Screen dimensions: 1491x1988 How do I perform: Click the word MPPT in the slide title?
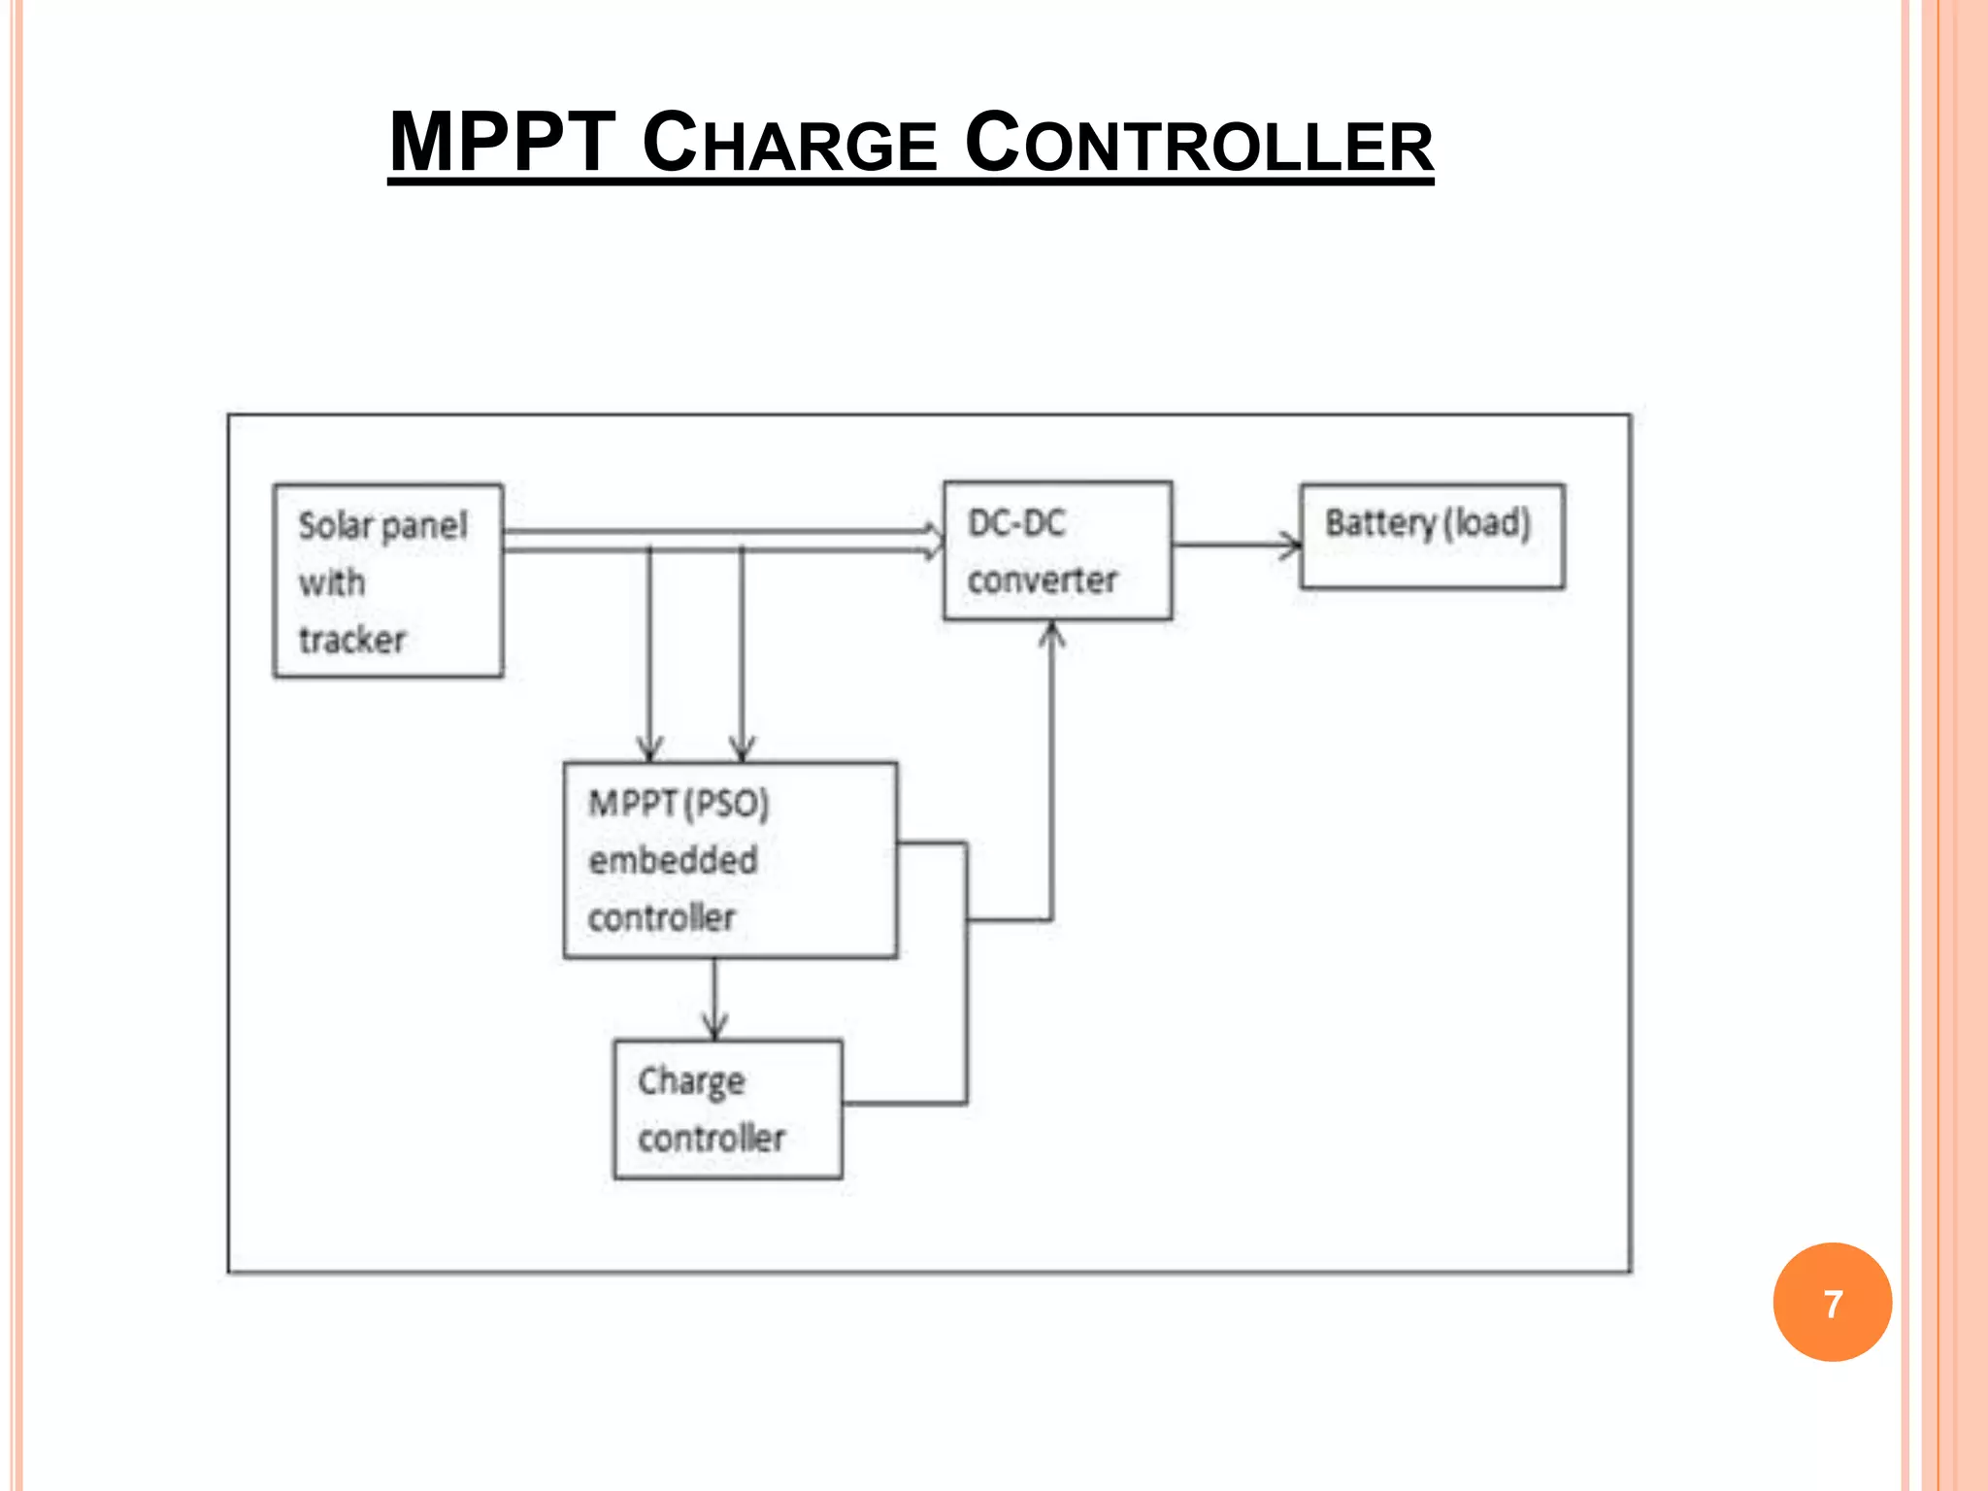(502, 143)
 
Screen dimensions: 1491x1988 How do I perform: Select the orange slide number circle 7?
(1832, 1302)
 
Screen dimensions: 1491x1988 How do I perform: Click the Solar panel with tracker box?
(388, 580)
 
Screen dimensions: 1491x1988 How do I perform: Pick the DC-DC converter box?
(1057, 550)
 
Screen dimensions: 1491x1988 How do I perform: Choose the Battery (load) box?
(1432, 537)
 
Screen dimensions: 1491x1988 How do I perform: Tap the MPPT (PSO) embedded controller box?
(730, 860)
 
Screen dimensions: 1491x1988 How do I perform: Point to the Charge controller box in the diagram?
(728, 1110)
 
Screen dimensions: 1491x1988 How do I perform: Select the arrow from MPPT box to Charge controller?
(715, 1000)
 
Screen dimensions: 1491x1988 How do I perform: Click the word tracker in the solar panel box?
(352, 640)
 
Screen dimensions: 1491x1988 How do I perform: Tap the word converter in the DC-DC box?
(1042, 580)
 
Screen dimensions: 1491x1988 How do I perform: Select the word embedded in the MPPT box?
(673, 860)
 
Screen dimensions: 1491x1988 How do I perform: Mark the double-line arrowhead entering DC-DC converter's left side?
(933, 541)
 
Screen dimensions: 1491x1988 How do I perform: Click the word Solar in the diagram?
(335, 525)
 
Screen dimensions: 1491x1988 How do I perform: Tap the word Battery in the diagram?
(1380, 523)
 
